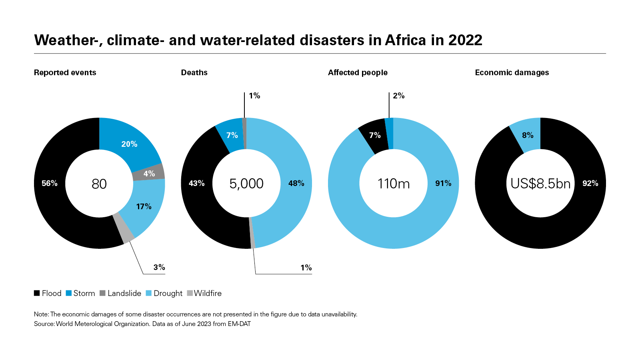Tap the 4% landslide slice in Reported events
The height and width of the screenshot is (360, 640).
pos(149,173)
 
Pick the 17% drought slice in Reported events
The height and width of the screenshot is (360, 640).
pos(144,206)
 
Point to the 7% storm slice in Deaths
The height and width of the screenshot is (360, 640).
pos(232,135)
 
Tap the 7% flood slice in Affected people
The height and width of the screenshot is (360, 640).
pos(374,135)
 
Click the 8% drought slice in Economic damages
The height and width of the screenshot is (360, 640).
pos(528,135)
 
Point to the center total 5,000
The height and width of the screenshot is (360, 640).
pos(246,184)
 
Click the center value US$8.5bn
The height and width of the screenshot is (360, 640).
pos(540,184)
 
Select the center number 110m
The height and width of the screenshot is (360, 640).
pos(394,184)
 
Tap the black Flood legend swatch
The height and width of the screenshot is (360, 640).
pos(37,293)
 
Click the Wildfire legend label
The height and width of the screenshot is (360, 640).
pos(208,293)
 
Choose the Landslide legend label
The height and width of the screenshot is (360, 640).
pos(124,293)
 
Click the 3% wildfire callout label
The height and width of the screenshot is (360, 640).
pos(159,267)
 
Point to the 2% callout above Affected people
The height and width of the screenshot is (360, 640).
pos(399,96)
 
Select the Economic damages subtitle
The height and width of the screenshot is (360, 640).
pos(512,72)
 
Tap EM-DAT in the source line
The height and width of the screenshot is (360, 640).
pos(239,324)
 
